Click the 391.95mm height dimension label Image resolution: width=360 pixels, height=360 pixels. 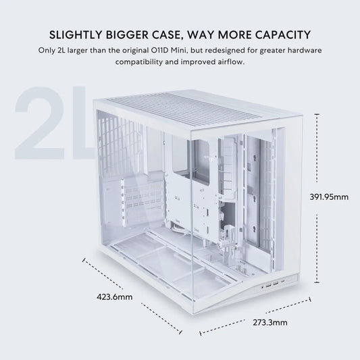click(330, 197)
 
